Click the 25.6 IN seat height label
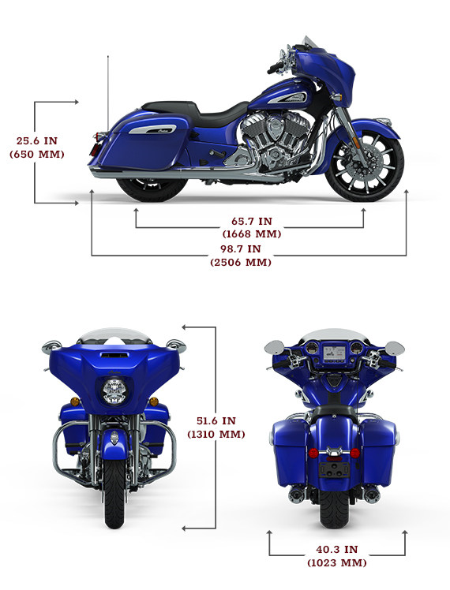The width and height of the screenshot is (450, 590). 37,140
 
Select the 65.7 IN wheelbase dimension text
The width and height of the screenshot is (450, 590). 252,221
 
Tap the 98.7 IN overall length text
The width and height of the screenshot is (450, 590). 241,248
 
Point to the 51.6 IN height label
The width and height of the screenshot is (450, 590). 216,420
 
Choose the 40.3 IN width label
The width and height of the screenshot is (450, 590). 336,549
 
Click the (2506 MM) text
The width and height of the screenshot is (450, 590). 241,262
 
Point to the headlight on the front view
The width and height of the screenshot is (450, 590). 114,391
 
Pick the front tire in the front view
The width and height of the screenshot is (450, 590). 114,492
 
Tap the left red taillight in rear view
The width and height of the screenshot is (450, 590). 313,453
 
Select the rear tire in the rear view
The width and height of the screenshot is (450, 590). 334,508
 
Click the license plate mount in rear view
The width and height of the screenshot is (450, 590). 334,469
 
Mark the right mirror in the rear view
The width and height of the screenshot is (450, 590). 395,348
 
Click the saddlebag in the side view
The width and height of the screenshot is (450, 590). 143,142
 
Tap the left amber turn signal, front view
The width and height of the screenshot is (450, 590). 75,401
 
